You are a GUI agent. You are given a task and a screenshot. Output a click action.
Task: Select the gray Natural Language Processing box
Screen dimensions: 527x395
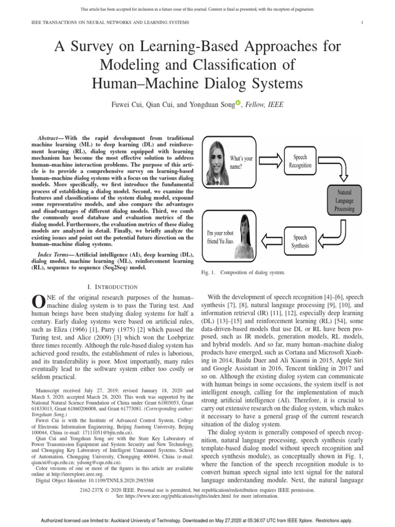[x=344, y=200]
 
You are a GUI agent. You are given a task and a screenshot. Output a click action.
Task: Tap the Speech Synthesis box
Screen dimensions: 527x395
[x=301, y=241]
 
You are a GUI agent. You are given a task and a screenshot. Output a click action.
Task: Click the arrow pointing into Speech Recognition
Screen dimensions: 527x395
[x=272, y=162]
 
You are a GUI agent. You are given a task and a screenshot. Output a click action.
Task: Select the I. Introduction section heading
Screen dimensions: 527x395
[x=113, y=287]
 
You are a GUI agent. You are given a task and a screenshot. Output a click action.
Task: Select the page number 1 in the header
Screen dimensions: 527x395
[x=363, y=23]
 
